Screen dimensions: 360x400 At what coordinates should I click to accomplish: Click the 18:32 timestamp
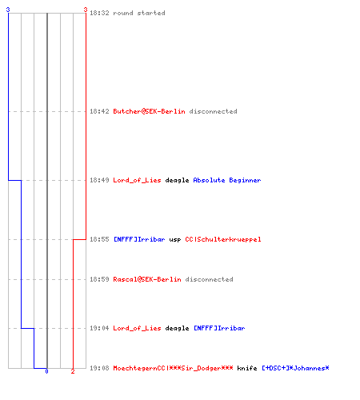pyautogui.click(x=99, y=13)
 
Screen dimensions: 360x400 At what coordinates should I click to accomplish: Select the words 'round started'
pyautogui.click(x=139, y=13)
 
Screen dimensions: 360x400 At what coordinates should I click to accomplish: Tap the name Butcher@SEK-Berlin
pyautogui.click(x=149, y=111)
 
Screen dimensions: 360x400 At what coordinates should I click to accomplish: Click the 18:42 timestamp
pyautogui.click(x=99, y=111)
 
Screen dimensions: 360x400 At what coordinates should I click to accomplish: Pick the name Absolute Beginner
pyautogui.click(x=227, y=180)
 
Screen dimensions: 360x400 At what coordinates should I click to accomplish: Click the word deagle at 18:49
pyautogui.click(x=177, y=180)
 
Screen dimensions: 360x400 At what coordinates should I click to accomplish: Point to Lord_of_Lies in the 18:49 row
pyautogui.click(x=137, y=180)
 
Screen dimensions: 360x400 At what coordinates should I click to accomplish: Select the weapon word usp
pyautogui.click(x=175, y=239)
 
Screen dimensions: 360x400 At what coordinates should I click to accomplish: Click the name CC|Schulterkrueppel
pyautogui.click(x=223, y=239)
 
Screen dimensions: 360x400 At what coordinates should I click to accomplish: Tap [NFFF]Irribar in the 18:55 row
pyautogui.click(x=139, y=239)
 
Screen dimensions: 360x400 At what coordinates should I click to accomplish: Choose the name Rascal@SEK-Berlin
pyautogui.click(x=147, y=279)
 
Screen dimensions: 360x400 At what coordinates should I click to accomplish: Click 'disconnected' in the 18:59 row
pyautogui.click(x=209, y=279)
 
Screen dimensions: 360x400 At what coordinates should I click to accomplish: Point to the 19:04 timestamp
pyautogui.click(x=99, y=328)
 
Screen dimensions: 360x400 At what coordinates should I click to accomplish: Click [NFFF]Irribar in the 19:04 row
pyautogui.click(x=219, y=328)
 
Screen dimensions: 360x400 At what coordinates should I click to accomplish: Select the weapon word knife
pyautogui.click(x=247, y=368)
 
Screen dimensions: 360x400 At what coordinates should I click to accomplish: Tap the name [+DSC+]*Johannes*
pyautogui.click(x=295, y=368)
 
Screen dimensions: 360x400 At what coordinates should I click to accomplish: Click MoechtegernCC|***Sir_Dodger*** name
pyautogui.click(x=173, y=368)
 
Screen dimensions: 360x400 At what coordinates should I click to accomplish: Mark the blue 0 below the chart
pyautogui.click(x=46, y=371)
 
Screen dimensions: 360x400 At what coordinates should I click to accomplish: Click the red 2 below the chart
pyautogui.click(x=73, y=371)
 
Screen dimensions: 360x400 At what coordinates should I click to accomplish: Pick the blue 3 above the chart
pyautogui.click(x=8, y=10)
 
